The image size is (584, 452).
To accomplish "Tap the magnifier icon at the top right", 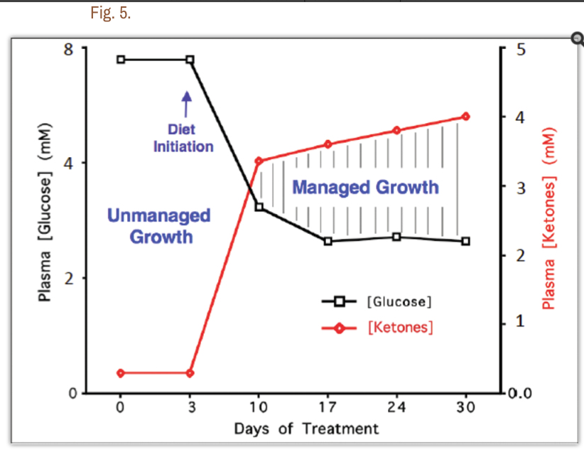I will (577, 39).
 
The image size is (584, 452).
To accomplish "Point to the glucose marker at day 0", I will (121, 60).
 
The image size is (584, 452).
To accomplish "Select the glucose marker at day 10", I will (259, 207).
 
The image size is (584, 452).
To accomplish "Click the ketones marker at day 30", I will (465, 117).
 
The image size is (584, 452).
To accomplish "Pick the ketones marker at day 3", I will (190, 373).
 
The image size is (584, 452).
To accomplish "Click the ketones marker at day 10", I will (259, 161).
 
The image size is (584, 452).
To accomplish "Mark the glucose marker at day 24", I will (396, 237).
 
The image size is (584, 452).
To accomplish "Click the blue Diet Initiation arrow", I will (187, 103).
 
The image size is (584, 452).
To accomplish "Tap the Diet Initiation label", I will (183, 139).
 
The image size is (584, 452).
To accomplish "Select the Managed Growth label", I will (365, 188).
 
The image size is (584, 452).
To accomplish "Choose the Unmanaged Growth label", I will (160, 225).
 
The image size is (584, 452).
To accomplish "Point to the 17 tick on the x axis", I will (328, 408).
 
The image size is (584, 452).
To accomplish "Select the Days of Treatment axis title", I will (306, 429).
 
